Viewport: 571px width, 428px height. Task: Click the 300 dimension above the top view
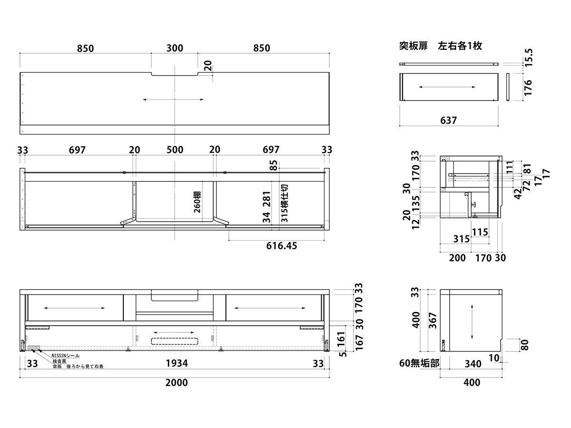click(175, 48)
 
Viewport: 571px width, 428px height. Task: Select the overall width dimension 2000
click(176, 383)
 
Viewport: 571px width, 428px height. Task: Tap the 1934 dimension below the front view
click(177, 364)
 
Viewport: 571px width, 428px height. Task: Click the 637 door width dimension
click(448, 120)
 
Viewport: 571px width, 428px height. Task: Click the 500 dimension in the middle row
click(175, 150)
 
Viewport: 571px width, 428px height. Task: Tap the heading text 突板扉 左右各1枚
click(441, 46)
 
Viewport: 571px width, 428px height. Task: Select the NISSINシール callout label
click(65, 356)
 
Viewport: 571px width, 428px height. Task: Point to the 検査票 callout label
click(59, 361)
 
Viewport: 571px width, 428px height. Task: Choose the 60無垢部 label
click(419, 364)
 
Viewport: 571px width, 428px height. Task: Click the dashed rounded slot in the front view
click(175, 340)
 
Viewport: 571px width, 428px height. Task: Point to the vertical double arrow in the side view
click(472, 322)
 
